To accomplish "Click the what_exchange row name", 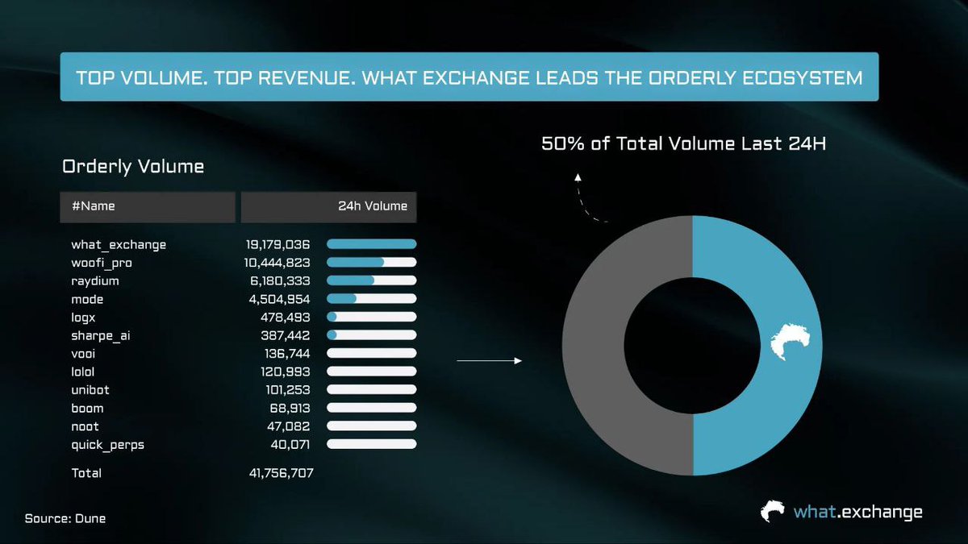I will click(x=119, y=244).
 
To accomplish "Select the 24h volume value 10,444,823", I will click(x=277, y=263).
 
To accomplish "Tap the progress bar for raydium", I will click(x=371, y=280).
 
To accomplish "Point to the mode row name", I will click(x=87, y=299).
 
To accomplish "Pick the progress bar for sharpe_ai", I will click(x=371, y=335).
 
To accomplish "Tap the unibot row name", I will click(x=90, y=389).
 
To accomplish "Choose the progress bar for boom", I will click(x=371, y=408).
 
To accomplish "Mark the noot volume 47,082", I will click(x=288, y=426).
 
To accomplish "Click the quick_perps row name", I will click(x=107, y=444).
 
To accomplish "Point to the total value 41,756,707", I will click(x=281, y=473).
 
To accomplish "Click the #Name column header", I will click(x=94, y=206).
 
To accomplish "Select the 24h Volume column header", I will click(x=373, y=206).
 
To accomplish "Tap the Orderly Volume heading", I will click(x=133, y=167).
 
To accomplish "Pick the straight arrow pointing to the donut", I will click(x=490, y=361).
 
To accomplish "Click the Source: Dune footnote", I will click(x=65, y=518).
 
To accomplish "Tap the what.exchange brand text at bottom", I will click(x=857, y=512).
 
